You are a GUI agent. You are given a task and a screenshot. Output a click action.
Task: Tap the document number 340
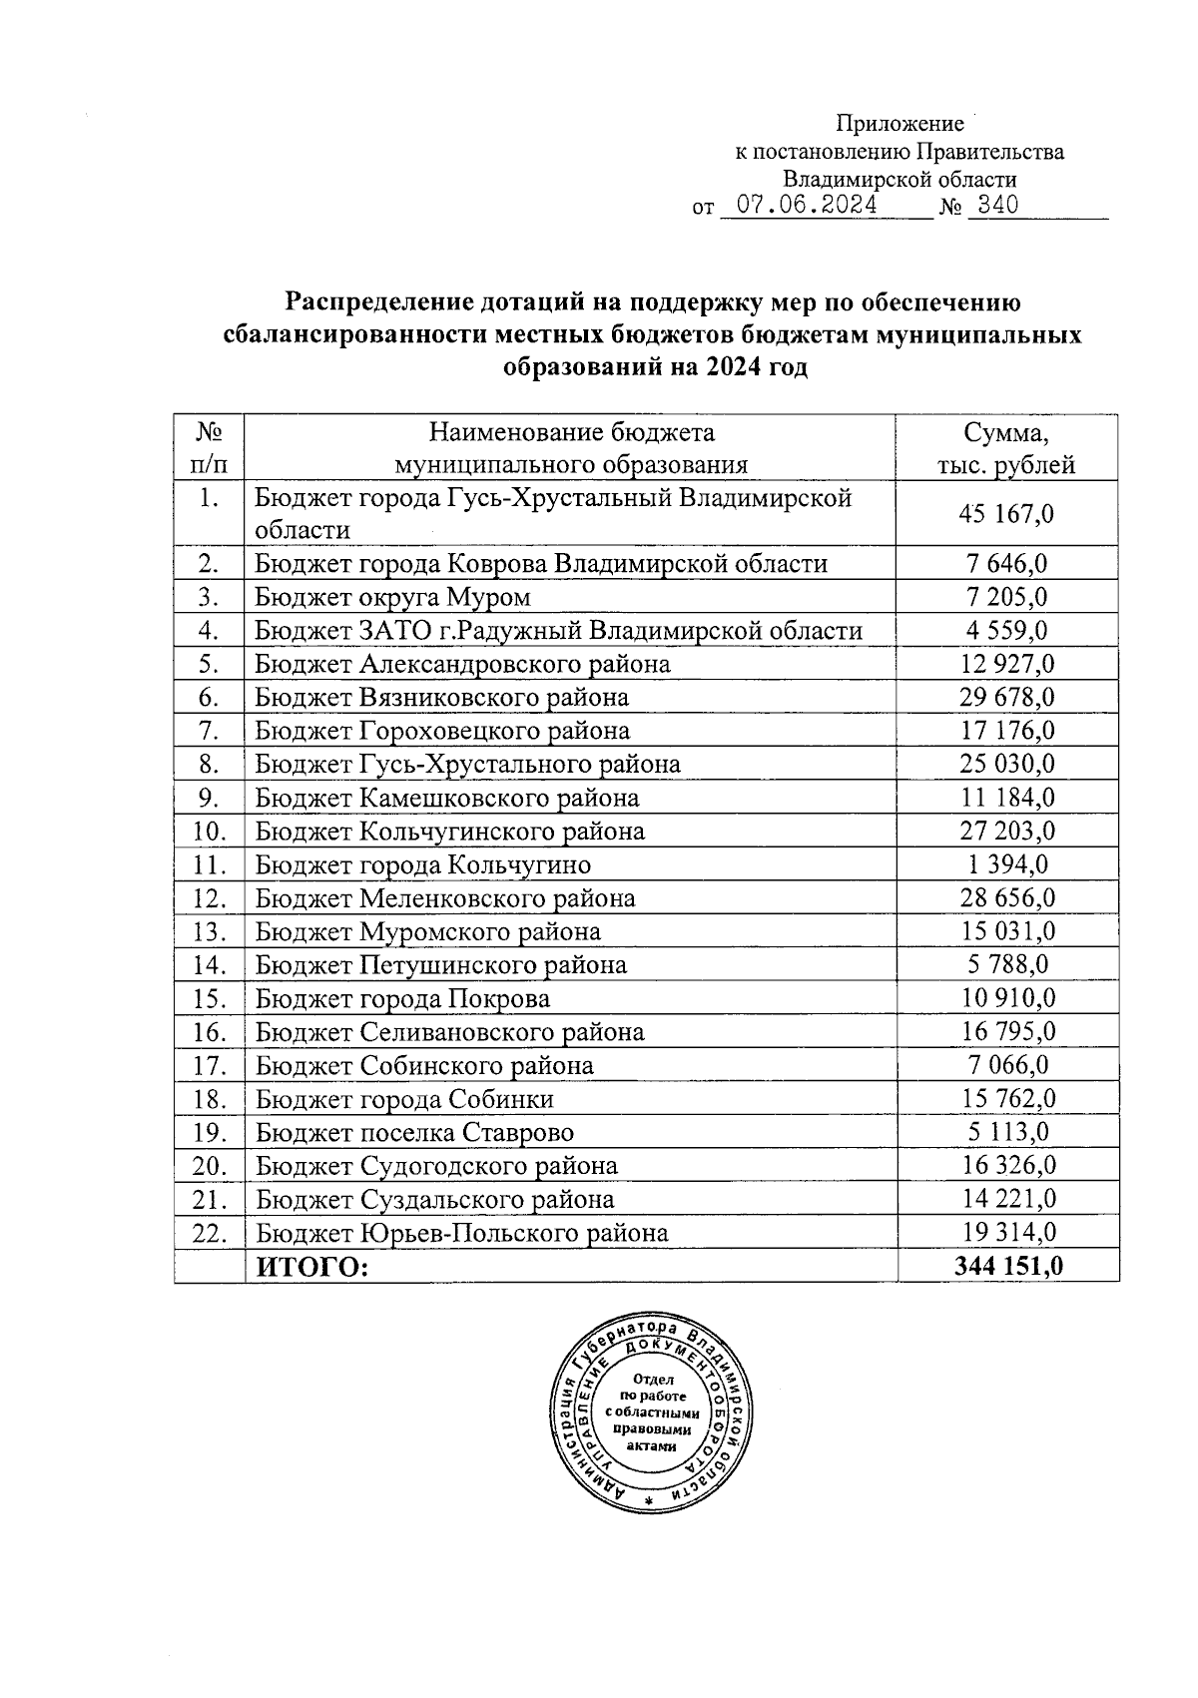point(992,206)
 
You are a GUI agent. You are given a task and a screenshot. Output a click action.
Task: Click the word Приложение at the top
point(899,124)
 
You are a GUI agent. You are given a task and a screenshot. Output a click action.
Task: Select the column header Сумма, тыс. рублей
point(1006,448)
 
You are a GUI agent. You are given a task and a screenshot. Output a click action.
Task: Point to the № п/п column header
point(209,448)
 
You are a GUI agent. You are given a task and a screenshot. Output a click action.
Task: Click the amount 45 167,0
point(1006,514)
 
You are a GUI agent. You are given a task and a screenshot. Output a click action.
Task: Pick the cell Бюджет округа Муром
point(392,597)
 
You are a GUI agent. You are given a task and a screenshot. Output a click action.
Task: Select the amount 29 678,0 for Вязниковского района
point(1006,697)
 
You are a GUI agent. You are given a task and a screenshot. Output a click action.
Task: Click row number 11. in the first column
point(209,864)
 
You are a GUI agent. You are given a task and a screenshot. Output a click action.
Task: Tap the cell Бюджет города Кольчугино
point(423,864)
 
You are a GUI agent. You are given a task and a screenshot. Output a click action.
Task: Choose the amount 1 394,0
point(1006,864)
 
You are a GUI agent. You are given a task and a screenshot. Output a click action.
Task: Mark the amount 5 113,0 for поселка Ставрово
point(1006,1132)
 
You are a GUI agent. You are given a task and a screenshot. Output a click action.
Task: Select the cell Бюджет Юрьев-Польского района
point(461,1233)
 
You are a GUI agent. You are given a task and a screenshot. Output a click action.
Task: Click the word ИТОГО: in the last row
point(312,1267)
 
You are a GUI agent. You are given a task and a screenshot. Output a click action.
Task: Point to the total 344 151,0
point(1008,1267)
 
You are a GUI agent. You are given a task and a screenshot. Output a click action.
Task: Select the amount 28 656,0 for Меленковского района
point(1006,897)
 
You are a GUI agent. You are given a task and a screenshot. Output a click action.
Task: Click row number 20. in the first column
point(209,1166)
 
